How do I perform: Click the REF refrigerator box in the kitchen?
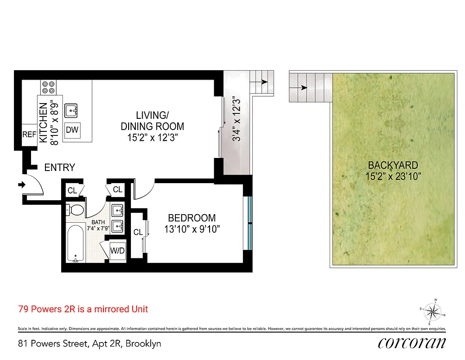point(30,135)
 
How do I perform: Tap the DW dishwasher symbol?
point(72,130)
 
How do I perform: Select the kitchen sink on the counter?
point(72,109)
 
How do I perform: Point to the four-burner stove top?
point(48,86)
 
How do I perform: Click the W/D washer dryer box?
point(118,250)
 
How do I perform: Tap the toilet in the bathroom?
point(75,210)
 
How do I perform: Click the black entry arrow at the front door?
point(21,184)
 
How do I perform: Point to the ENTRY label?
point(59,167)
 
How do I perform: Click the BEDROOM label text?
point(192,218)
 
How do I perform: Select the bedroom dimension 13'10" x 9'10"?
point(192,229)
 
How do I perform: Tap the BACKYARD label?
point(393,165)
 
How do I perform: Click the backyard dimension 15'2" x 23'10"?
point(393,176)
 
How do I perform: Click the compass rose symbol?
point(432,311)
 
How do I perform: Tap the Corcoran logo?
point(412,343)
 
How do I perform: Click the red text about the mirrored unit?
point(83,309)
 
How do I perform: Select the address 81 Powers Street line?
point(89,344)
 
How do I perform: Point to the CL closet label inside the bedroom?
point(138,232)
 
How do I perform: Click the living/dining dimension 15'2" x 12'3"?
point(152,138)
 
